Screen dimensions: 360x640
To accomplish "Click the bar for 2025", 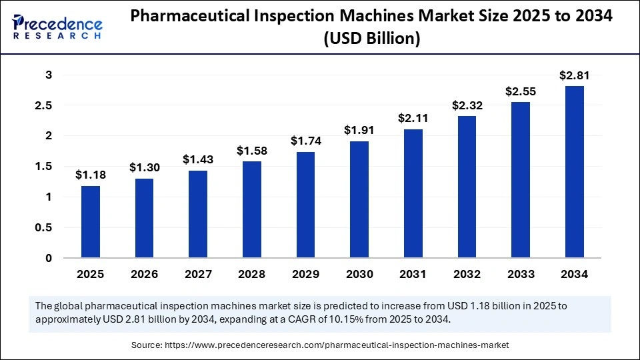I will click(91, 222).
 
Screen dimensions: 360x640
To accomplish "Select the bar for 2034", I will click(574, 172).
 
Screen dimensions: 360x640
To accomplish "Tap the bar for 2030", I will click(359, 199).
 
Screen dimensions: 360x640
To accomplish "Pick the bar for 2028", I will click(252, 209).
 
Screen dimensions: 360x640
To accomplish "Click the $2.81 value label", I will click(574, 75).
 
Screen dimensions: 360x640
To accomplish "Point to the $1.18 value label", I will click(91, 175).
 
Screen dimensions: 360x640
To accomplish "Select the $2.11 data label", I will click(413, 119).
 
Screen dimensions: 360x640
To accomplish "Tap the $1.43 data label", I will click(198, 160).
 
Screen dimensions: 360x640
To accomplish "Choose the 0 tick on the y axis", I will click(48, 258).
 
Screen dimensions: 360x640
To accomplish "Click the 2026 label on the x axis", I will click(144, 274).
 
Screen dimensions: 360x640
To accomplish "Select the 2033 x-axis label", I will click(520, 274).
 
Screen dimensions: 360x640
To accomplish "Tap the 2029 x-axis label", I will click(305, 274).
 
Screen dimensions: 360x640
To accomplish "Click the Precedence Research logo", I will click(57, 27).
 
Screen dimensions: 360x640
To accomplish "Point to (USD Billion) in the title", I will click(371, 39).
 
